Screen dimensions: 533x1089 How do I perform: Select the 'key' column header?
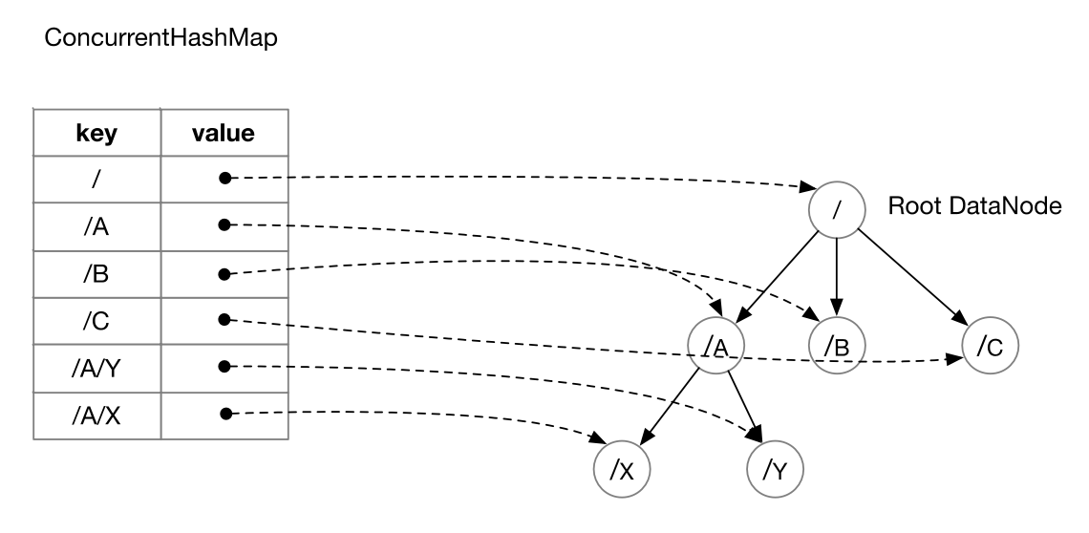pos(96,133)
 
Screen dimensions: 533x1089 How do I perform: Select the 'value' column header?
pos(223,133)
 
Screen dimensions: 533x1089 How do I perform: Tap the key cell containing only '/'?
pos(96,180)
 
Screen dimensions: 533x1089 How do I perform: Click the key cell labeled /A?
pos(96,226)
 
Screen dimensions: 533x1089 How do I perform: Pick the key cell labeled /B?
pos(96,274)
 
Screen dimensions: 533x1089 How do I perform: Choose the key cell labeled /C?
pos(96,321)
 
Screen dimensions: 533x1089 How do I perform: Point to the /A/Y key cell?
pos(96,368)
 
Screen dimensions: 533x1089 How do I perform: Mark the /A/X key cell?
pos(96,415)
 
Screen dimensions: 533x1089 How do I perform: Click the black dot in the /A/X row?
pos(225,414)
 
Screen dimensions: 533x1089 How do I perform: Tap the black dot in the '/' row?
pos(224,178)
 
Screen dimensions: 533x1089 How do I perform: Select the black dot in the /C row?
pos(224,319)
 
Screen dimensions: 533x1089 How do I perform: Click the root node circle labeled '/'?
pos(836,209)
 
